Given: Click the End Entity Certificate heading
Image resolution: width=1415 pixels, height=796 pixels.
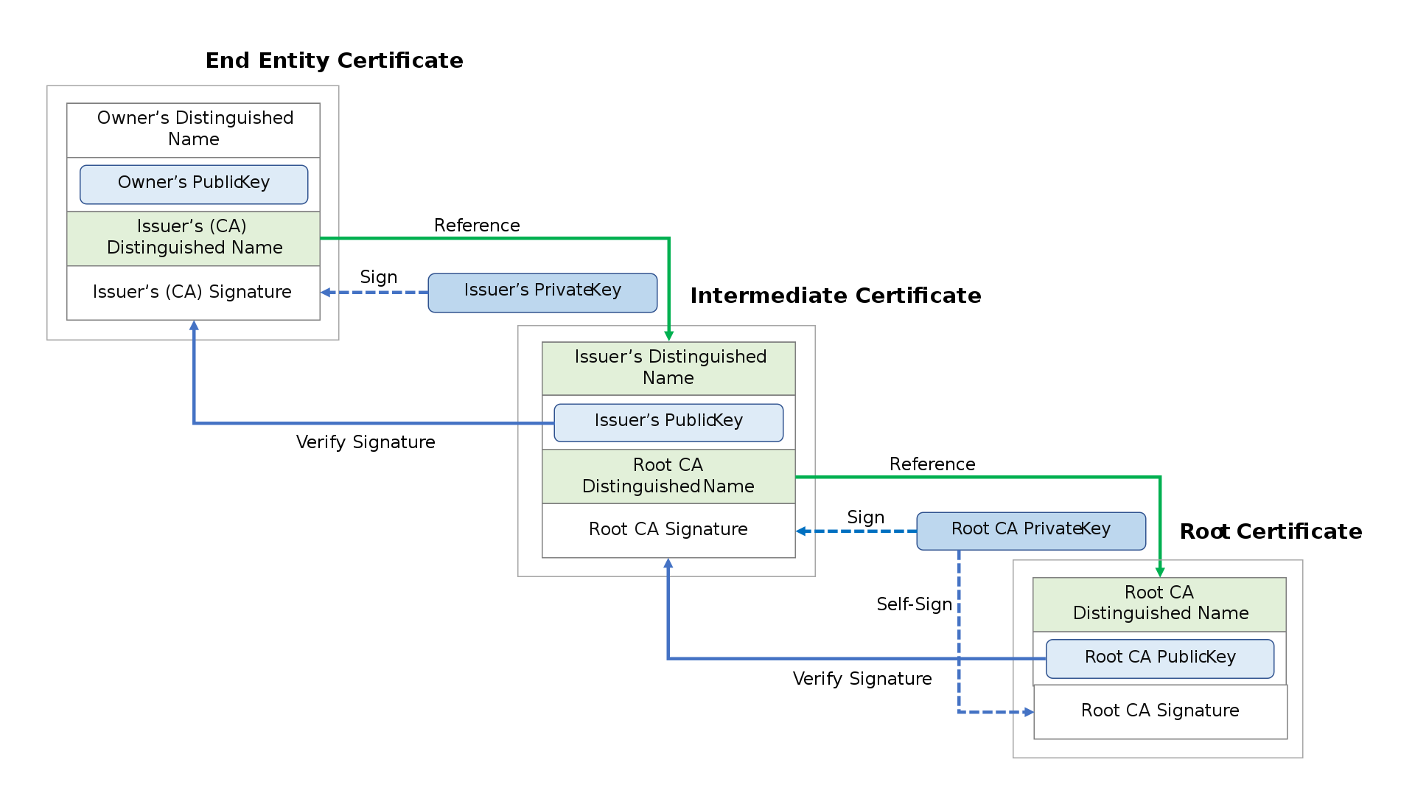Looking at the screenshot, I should coord(334,60).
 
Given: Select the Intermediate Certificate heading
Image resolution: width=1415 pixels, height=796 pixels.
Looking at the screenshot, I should coord(835,296).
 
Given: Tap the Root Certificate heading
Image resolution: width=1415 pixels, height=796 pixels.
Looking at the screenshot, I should coord(1271,531).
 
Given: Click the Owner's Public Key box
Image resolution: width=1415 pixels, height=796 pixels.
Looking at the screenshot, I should coord(194,184).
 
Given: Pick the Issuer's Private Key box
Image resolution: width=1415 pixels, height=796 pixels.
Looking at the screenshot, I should coord(542,292).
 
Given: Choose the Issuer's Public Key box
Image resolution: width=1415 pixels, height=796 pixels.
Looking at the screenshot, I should coord(668,422).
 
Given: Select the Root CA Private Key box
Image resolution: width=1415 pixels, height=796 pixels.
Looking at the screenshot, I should coord(1030,531).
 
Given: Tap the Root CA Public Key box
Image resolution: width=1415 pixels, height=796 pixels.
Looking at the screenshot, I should coord(1159,658).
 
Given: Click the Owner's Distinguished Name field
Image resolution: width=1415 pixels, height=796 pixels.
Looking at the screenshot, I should coord(194,129).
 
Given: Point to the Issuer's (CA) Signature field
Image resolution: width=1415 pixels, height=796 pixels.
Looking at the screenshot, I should coord(192,293).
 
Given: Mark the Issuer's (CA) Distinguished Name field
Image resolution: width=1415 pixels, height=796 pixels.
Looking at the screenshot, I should coord(194,237).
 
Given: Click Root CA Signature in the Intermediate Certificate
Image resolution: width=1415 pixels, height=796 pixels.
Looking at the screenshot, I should coord(668,530).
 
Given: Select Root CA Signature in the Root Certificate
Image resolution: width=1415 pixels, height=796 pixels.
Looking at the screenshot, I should coord(1159,711).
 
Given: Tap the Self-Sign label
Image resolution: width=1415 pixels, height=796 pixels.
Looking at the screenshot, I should coord(914,604).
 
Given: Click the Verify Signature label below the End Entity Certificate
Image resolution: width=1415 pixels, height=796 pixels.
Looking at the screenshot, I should coord(366,442).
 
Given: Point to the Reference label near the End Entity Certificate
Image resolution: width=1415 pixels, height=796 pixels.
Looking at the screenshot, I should coord(477,226).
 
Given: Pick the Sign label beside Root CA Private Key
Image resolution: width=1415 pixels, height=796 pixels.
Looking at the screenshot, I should coord(865,517).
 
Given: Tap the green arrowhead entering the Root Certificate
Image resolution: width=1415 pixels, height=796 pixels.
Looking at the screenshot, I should coord(1159,572).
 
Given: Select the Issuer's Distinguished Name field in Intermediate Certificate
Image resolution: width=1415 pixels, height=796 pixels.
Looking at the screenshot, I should coord(668,368).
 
